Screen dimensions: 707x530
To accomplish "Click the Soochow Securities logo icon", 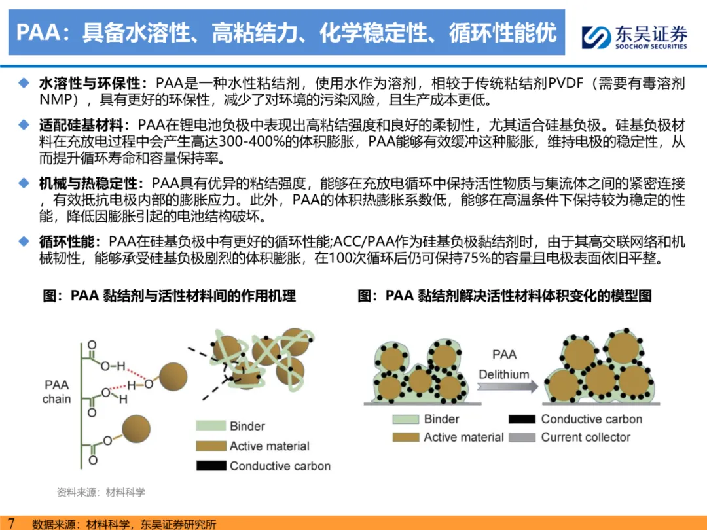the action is pos(596,37).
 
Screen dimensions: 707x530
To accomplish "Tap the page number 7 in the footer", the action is pos(11,523).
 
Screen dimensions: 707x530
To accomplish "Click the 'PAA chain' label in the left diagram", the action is pos(56,392).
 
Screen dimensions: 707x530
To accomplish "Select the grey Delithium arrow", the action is pos(508,387).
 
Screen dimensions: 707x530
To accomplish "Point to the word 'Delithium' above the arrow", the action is pos(503,374).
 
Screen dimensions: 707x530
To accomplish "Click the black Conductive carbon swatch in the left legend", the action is pos(211,466).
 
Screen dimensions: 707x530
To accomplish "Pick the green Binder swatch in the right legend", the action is pos(406,419).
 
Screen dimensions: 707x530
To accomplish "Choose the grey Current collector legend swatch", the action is pos(522,437).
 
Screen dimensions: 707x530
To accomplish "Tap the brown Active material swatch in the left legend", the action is pos(211,446).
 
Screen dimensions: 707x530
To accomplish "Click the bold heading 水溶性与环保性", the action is pos(90,83).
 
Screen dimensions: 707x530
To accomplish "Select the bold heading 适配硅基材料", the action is pos(81,124).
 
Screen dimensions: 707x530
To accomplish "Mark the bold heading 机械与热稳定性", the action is pos(88,183).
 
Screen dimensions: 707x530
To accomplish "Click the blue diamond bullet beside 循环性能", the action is pos(24,241).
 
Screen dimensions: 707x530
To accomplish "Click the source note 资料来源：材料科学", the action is pos(101,492).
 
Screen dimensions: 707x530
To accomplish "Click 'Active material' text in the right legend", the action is pos(463,437).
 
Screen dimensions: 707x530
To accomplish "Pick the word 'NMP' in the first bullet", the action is pos(56,99).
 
